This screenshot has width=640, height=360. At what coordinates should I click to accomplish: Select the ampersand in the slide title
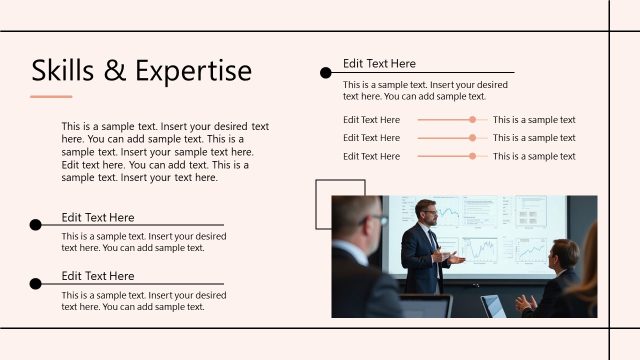[x=116, y=71]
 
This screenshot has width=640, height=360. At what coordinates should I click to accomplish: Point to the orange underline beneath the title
[x=51, y=97]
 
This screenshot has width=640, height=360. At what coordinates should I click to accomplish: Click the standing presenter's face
[x=426, y=213]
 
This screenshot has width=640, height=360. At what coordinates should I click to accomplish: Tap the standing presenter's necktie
[x=432, y=240]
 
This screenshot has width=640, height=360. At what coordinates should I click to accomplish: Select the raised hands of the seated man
[x=525, y=301]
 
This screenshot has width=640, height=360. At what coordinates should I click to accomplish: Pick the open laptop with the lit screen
[x=492, y=306]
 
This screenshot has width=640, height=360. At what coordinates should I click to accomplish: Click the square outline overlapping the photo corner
[x=340, y=187]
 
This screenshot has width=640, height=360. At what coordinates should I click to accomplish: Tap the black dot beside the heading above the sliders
[x=325, y=73]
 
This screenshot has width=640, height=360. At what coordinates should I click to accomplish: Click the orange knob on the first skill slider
[x=472, y=120]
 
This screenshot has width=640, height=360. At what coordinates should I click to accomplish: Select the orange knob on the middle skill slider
[x=472, y=138]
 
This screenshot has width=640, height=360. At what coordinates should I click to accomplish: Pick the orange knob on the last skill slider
[x=472, y=156]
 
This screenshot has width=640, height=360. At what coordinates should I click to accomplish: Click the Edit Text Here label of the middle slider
[x=371, y=138]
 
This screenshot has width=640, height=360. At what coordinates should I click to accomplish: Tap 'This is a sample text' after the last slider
[x=534, y=156]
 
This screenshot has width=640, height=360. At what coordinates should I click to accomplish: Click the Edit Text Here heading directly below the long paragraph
[x=97, y=217]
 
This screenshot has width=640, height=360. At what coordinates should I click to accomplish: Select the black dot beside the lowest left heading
[x=36, y=283]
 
